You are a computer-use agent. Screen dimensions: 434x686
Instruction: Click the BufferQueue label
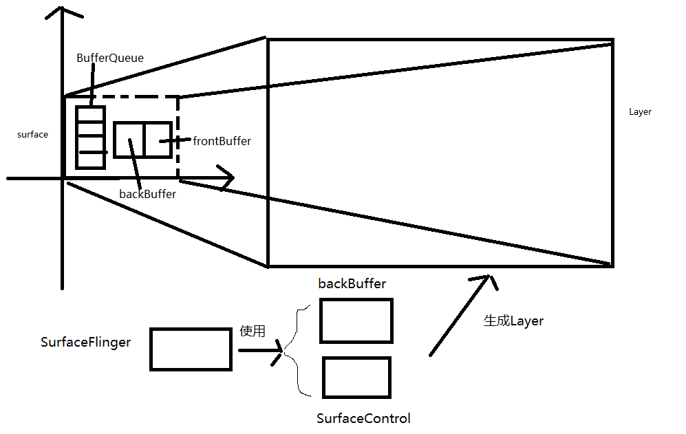tap(110, 58)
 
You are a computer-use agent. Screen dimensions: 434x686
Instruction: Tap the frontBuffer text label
tap(222, 141)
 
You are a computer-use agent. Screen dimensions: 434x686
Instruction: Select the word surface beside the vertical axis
tap(32, 135)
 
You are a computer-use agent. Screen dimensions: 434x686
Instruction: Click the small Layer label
tap(640, 112)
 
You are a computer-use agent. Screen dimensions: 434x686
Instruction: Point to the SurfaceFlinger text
tap(85, 343)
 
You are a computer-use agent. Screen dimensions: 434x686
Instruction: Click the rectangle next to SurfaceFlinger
tap(191, 349)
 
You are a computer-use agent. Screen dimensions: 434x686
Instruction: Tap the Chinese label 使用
tap(252, 332)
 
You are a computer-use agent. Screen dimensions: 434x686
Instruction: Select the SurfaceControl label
tap(363, 418)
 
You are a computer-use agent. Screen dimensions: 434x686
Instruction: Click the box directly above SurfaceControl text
tap(356, 377)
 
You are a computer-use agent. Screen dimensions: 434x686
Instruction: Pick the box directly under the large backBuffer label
tap(356, 321)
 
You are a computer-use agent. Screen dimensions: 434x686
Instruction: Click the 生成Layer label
tap(513, 321)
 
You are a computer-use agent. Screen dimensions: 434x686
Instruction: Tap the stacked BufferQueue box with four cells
tap(90, 138)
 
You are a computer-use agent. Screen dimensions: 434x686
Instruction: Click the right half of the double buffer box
tap(158, 140)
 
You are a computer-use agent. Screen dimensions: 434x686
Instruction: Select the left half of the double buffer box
tap(129, 140)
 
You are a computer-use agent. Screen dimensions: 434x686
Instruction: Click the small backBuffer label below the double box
tap(147, 195)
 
